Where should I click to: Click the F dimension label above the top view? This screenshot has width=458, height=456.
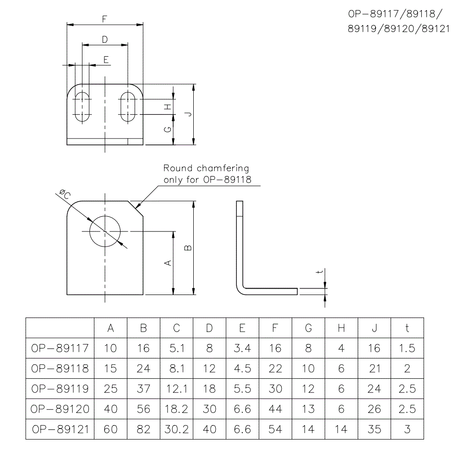click(x=105, y=19)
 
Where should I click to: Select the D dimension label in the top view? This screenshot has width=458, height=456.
click(x=105, y=40)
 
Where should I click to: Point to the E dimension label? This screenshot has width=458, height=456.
click(x=106, y=59)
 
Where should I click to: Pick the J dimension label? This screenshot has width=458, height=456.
click(x=189, y=114)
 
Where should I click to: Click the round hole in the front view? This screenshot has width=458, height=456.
click(x=105, y=231)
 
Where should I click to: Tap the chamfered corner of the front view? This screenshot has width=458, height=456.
click(x=136, y=209)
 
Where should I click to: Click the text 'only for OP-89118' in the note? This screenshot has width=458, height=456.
click(x=207, y=180)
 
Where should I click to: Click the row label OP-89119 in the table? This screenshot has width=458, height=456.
click(x=60, y=388)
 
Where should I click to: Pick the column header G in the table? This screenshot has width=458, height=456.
click(x=308, y=328)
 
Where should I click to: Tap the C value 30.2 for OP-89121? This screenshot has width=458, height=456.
click(x=176, y=429)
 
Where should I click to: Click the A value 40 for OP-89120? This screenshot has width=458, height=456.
click(x=111, y=409)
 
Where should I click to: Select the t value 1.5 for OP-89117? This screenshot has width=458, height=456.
click(x=407, y=348)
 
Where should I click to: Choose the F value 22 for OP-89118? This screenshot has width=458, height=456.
click(x=275, y=368)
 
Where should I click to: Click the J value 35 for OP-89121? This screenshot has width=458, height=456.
click(x=374, y=429)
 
